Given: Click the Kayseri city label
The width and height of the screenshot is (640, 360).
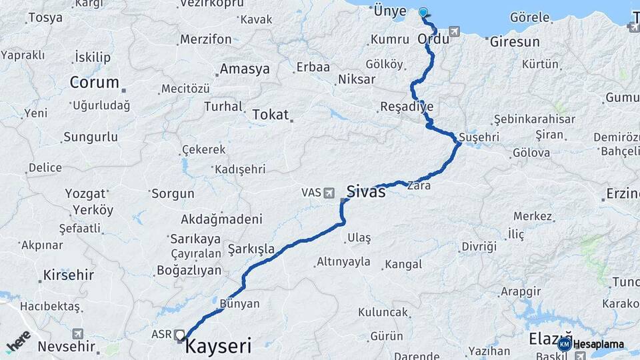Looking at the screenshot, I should [217, 346].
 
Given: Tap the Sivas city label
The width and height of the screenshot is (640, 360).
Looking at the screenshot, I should [365, 192].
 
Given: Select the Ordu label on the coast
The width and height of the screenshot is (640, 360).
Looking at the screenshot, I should [433, 39].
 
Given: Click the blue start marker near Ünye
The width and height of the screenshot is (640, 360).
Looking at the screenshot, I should [423, 12].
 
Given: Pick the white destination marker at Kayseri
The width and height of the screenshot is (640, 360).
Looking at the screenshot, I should [180, 334].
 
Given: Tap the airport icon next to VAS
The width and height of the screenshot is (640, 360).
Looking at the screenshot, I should [329, 193].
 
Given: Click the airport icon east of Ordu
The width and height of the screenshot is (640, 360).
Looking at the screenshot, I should [455, 31].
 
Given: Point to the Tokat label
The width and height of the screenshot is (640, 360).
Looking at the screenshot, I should [270, 115].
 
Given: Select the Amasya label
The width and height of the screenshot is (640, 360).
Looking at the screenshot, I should [245, 69].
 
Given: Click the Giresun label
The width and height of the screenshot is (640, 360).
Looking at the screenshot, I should [515, 41].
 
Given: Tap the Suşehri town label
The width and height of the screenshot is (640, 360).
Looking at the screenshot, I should [479, 137].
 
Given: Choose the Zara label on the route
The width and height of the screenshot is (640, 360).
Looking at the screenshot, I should [419, 185].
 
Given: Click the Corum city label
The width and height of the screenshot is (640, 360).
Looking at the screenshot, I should [95, 83].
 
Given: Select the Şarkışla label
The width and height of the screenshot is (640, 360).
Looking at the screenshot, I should [251, 249].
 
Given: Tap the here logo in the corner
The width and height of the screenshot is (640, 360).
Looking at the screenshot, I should [19, 341].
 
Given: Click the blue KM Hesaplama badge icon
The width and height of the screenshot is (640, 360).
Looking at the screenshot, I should [565, 344].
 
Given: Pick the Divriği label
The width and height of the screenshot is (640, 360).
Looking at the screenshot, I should [479, 246].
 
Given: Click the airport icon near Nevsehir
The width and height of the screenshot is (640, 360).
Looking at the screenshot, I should [78, 333].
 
